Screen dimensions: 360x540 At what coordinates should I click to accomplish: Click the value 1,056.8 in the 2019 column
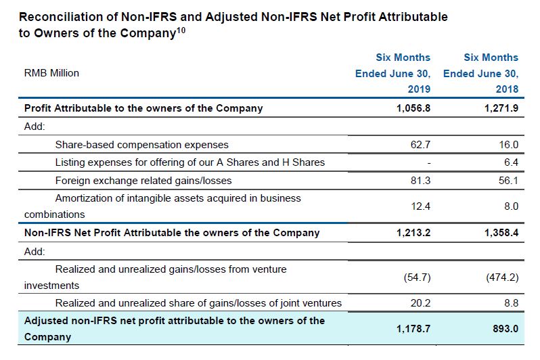413,108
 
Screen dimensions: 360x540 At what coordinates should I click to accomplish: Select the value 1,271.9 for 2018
501,108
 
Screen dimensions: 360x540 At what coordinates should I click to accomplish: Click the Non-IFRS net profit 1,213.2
413,233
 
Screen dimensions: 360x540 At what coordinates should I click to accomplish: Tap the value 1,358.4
501,233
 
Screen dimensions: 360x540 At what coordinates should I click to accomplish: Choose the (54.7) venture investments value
415,277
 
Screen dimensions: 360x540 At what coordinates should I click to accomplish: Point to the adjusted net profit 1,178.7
413,328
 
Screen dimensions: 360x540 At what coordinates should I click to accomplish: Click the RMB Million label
51,73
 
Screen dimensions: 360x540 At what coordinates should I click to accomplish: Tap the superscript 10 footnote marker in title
180,29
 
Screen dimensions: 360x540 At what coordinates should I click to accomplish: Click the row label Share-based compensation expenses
141,144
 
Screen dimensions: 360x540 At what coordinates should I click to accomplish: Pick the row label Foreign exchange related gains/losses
143,180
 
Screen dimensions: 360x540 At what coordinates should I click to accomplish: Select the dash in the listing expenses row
429,162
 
